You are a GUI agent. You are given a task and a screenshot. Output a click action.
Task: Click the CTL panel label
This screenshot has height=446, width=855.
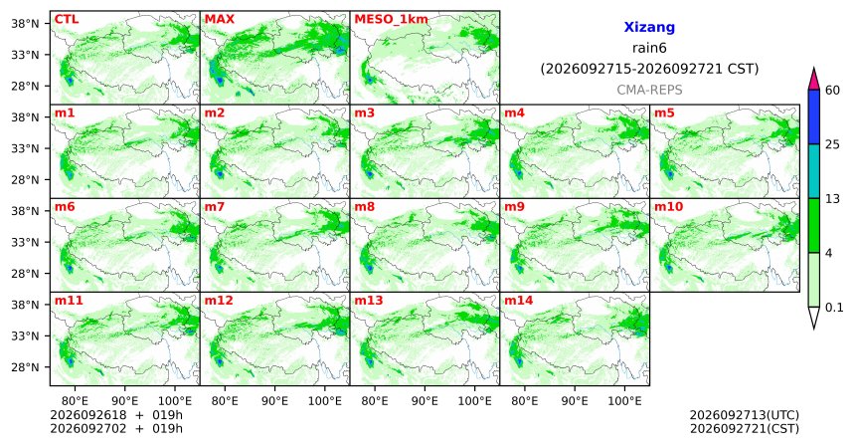coord(67,20)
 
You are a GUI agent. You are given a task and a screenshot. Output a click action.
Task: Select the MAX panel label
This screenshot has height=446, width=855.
coord(219,20)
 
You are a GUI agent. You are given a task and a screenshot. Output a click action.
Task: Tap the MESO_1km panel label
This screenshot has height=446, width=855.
coord(391,20)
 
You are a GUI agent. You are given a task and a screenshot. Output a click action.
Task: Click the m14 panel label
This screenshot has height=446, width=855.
coord(519,301)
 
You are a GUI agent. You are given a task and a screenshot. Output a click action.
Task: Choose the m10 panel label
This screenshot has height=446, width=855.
coord(668,207)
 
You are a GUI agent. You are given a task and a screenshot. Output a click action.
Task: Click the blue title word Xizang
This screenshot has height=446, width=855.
coord(649,27)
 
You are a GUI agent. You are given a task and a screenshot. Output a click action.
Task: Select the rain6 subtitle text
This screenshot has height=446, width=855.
coord(649,48)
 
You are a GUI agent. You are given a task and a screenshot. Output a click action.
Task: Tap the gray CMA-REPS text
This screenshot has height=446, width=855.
coord(649,90)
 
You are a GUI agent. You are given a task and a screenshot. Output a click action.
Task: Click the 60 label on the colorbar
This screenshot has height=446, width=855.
coord(833,91)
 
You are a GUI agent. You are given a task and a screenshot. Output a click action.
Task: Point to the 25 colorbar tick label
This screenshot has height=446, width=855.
coord(833,144)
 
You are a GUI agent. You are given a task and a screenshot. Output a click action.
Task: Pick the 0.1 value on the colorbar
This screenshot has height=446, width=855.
coord(834,308)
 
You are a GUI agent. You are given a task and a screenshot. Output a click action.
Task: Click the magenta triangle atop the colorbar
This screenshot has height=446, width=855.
coord(814,80)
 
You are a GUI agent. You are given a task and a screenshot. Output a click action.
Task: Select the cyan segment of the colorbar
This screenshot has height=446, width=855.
coord(814,171)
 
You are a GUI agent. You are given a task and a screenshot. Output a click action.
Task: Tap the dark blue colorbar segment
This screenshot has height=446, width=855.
coord(814,116)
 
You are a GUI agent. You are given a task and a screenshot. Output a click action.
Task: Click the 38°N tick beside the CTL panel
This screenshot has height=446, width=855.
coord(25,24)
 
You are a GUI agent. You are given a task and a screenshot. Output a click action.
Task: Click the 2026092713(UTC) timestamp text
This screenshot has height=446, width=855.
coord(745,416)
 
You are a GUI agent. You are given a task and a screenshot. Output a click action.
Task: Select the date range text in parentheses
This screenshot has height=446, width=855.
coord(649,70)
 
